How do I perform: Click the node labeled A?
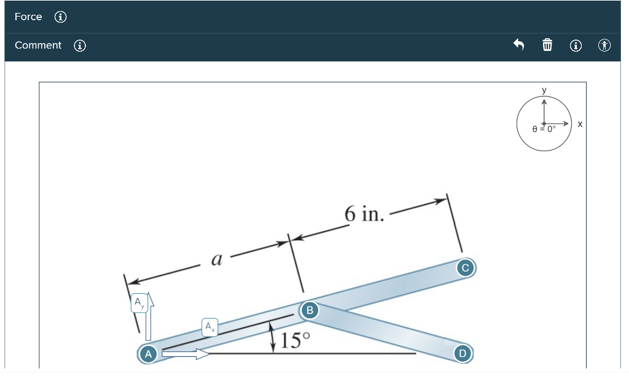tap(147, 353)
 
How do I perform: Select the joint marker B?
tap(310, 310)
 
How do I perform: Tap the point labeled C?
tap(465, 268)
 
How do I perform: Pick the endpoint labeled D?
tap(463, 353)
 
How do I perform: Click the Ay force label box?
tap(139, 304)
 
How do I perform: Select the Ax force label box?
tap(210, 326)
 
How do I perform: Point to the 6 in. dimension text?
tap(364, 214)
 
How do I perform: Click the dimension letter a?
tap(216, 259)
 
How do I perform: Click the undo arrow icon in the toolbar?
tap(519, 45)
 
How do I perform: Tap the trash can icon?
tap(547, 45)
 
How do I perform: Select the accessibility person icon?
tap(605, 45)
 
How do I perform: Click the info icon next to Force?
tap(60, 17)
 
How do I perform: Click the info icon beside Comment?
tap(80, 45)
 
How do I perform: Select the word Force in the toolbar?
tap(28, 17)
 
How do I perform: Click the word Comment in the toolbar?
tap(38, 45)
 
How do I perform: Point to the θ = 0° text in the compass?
tap(544, 129)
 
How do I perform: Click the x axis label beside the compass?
tap(580, 124)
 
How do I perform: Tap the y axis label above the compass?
tap(544, 90)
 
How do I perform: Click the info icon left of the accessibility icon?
tap(576, 45)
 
